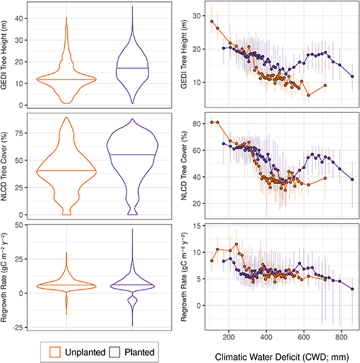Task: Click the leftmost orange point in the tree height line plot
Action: click(x=212, y=21)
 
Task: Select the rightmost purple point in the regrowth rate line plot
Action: click(x=352, y=289)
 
